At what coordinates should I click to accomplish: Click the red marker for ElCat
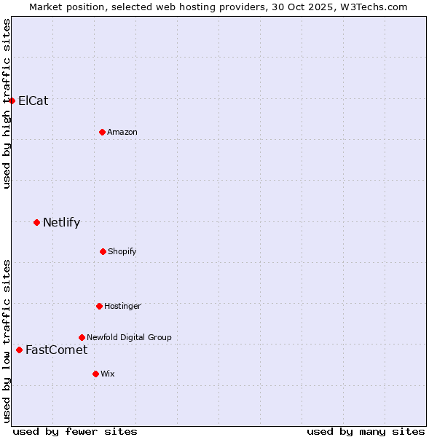pyautogui.click(x=12, y=101)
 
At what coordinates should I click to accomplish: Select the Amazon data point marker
pyautogui.click(x=102, y=132)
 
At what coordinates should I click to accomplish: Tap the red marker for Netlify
pyautogui.click(x=36, y=222)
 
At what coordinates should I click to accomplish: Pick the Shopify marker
pyautogui.click(x=103, y=251)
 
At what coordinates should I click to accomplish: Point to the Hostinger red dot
pyautogui.click(x=99, y=306)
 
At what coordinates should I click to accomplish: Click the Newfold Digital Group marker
pyautogui.click(x=82, y=337)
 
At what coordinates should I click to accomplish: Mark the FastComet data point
pyautogui.click(x=19, y=350)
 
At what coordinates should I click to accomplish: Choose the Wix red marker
pyautogui.click(x=95, y=374)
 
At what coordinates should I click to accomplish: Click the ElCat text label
pyautogui.click(x=34, y=101)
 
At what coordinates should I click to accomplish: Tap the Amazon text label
pyautogui.click(x=122, y=132)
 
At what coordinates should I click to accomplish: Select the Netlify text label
pyautogui.click(x=61, y=222)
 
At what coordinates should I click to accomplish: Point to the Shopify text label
pyautogui.click(x=122, y=251)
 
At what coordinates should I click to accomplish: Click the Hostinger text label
pyautogui.click(x=122, y=306)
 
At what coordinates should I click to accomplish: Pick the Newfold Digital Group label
pyautogui.click(x=129, y=337)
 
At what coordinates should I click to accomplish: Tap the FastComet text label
pyautogui.click(x=56, y=350)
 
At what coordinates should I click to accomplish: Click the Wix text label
pyautogui.click(x=108, y=374)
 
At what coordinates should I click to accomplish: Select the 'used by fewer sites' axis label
pyautogui.click(x=75, y=431)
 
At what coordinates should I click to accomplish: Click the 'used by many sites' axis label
pyautogui.click(x=366, y=431)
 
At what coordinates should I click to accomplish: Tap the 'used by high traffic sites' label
pyautogui.click(x=7, y=103)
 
